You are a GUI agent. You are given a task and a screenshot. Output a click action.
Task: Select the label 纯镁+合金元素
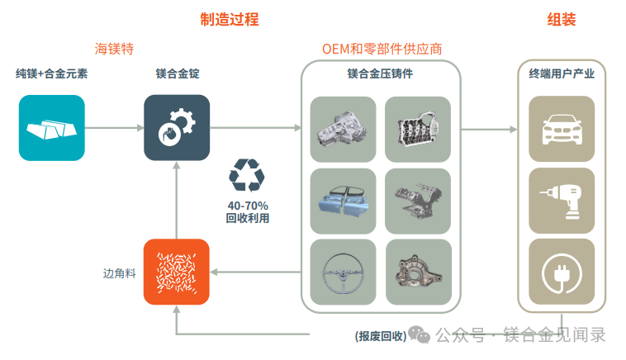pos(51,73)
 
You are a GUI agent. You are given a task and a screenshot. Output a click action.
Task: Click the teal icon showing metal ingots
pos(52,127)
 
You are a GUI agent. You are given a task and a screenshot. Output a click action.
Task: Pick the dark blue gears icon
pos(176,127)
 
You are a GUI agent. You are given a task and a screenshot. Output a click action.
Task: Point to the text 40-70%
pos(248,205)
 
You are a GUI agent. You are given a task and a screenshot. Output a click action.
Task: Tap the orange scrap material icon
pos(176,272)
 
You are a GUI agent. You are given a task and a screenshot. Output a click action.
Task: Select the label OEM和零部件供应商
pos(382,50)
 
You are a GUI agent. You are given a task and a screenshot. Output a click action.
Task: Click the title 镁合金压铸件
pos(381,73)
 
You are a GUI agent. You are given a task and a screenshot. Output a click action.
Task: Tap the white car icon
pos(561,129)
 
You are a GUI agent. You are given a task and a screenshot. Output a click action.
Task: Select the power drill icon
pos(561,201)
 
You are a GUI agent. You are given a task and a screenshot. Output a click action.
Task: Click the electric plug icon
pos(561,272)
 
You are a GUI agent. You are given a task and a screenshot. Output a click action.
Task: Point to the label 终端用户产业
pos(561,73)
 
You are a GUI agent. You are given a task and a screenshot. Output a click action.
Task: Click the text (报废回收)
pos(381,335)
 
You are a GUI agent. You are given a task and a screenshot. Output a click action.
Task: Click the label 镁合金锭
pos(177,73)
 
